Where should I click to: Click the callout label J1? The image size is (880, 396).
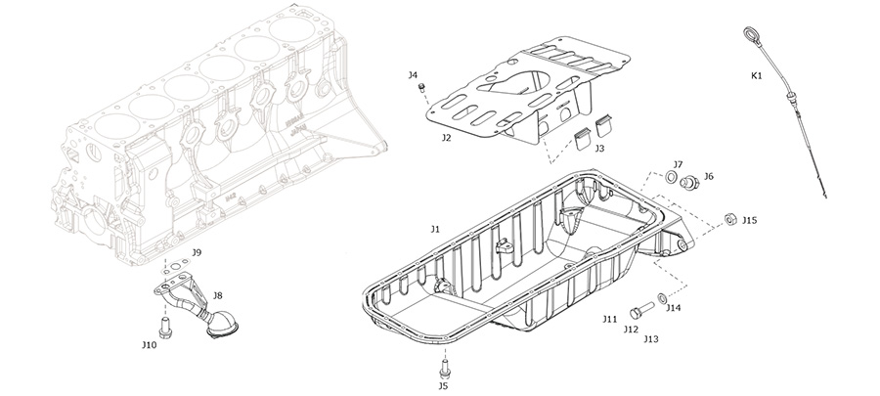[x=435, y=228]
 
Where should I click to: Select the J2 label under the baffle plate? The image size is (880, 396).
[x=446, y=138]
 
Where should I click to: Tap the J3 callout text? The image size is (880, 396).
[x=598, y=149]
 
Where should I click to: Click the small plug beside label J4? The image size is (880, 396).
[x=423, y=90]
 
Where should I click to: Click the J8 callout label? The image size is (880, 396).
[x=217, y=294]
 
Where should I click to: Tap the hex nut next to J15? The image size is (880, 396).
[x=730, y=219]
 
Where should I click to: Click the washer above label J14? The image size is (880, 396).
[x=663, y=296]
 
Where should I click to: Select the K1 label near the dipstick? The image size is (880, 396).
[x=757, y=74]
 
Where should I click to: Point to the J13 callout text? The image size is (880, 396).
[x=651, y=339]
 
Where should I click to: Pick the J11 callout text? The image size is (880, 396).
[x=609, y=319]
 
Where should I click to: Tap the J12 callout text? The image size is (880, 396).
[x=631, y=330]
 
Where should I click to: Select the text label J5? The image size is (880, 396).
[x=443, y=386]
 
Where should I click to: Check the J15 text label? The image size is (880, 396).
[x=750, y=221]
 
